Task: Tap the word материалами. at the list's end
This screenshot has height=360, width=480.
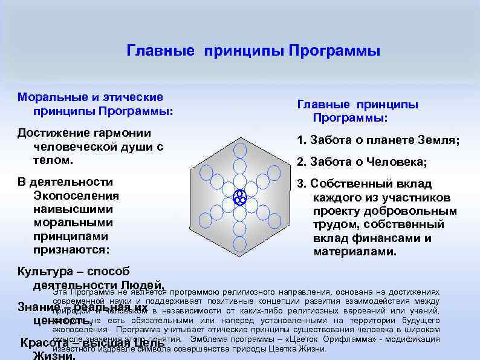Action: tap(355, 251)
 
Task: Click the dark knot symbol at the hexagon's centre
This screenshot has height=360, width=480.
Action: tap(239, 197)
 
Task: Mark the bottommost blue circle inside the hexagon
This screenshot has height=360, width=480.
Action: tap(240, 243)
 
